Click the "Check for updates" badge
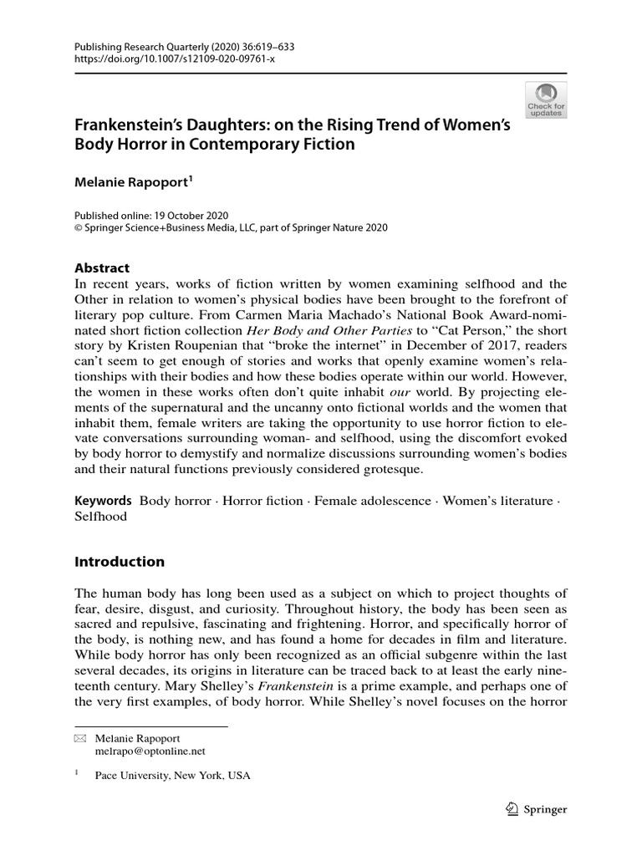[545, 99]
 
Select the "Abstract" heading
[102, 268]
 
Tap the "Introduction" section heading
[120, 561]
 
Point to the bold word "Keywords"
[104, 501]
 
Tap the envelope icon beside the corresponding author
[80, 740]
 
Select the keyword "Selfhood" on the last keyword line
[101, 517]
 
